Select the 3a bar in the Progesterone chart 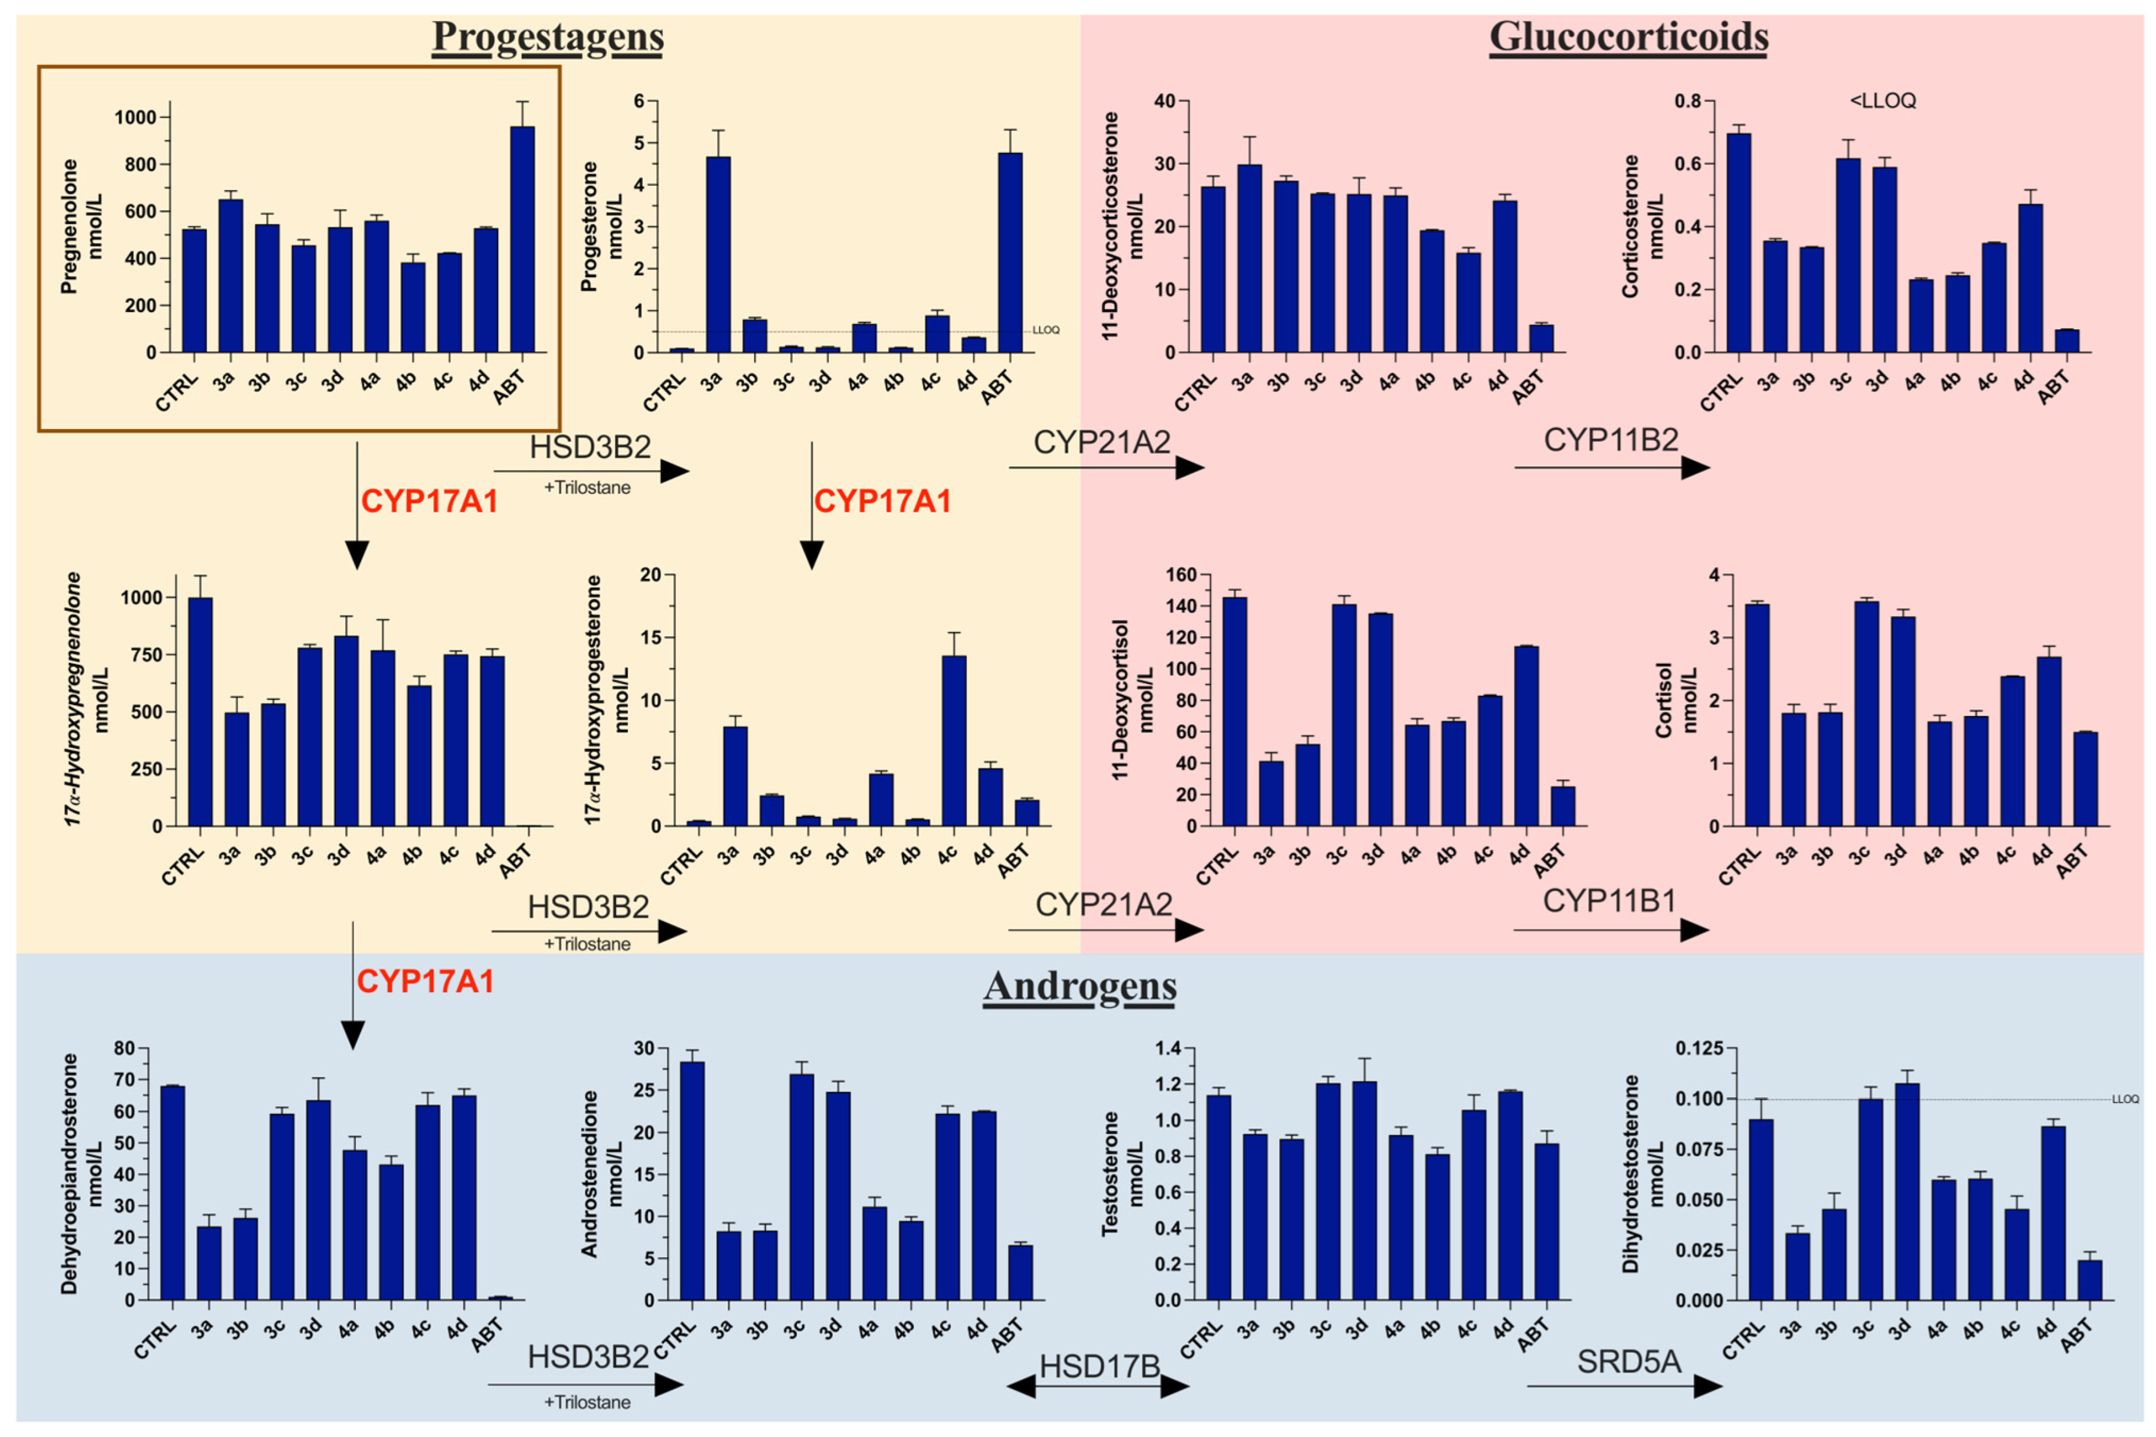718,255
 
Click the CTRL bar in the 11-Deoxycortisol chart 1234,711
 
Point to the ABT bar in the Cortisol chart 2085,779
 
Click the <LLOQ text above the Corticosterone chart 1882,101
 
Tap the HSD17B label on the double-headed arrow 1098,1366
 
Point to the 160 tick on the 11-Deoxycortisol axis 1180,575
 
